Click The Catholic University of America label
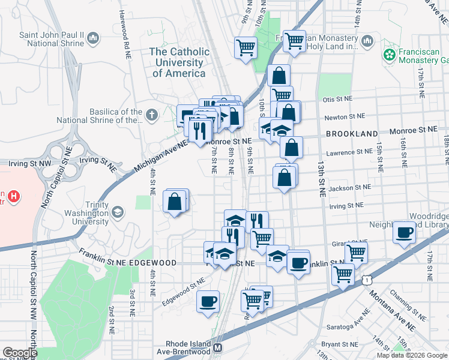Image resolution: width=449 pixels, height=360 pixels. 180,62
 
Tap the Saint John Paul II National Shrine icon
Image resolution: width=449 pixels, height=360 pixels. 93,40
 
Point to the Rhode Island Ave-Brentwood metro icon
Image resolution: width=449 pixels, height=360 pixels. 218,347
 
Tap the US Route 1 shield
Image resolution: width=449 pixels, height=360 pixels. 366,279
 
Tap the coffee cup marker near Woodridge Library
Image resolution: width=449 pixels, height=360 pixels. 405,232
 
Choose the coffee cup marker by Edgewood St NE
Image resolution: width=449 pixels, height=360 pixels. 208,301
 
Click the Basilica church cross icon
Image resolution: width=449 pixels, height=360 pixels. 152,115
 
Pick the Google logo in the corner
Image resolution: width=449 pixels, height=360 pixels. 19,353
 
